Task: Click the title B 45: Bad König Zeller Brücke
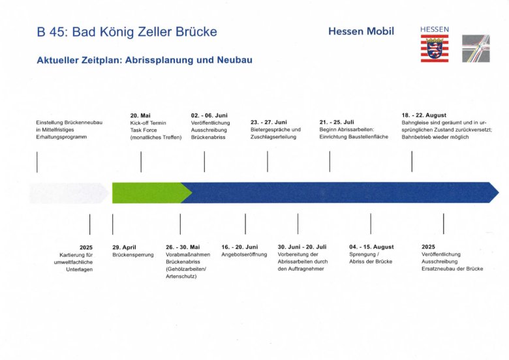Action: tap(127, 32)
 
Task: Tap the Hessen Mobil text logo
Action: tap(361, 31)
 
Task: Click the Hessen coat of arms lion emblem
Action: tap(435, 49)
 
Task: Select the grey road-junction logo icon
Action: tap(476, 48)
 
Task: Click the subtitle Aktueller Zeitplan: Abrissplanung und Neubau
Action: tap(144, 60)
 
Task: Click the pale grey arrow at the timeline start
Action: tap(69, 193)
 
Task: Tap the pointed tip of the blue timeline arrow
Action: tap(499, 192)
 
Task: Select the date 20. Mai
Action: tap(140, 115)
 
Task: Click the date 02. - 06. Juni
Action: tap(209, 115)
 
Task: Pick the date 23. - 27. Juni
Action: tap(268, 122)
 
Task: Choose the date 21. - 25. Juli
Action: tap(337, 122)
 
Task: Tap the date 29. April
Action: tap(125, 247)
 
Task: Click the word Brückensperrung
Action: tap(133, 255)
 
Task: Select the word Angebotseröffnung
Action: tap(244, 254)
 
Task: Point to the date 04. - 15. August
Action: tap(371, 247)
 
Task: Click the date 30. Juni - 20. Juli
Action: tap(302, 247)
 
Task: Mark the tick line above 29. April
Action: tap(113, 224)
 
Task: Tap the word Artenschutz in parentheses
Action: tap(181, 277)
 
